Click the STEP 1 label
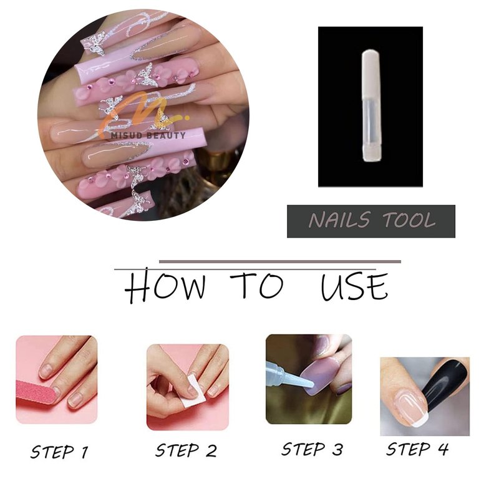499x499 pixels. (x=59, y=452)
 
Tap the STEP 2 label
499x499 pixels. (x=186, y=450)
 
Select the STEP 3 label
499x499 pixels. (x=312, y=449)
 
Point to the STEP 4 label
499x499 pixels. (x=417, y=449)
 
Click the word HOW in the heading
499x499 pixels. (x=165, y=285)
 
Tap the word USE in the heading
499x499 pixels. (x=354, y=286)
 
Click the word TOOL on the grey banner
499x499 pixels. (x=409, y=220)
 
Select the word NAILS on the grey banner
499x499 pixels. (x=339, y=220)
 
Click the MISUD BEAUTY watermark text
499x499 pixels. (x=148, y=135)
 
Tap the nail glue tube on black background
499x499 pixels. (x=371, y=105)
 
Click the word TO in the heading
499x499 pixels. (x=257, y=285)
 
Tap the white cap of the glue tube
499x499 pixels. (x=371, y=74)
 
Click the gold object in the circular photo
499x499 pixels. (x=216, y=162)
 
